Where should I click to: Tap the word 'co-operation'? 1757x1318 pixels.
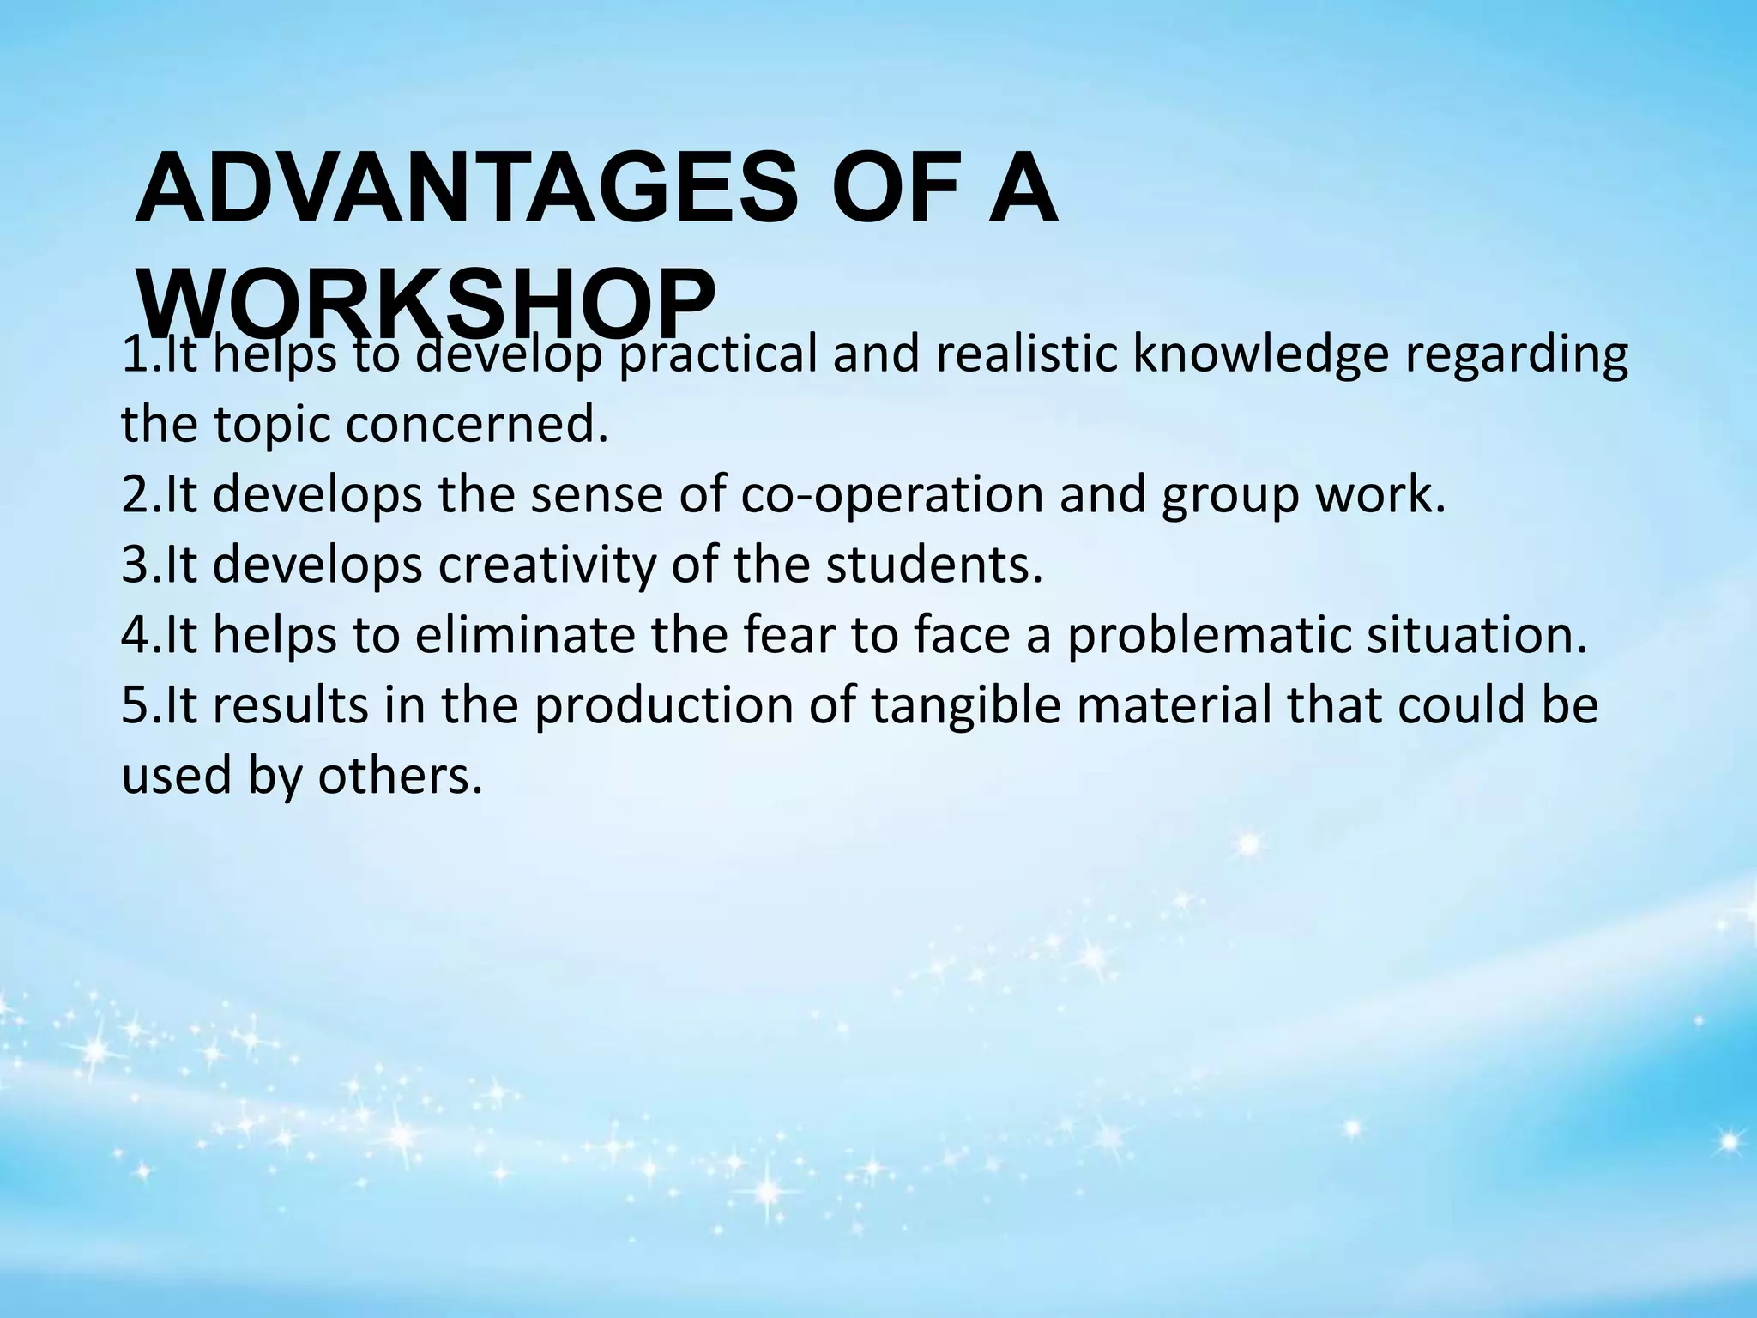pyautogui.click(x=891, y=496)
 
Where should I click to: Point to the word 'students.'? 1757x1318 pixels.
pyautogui.click(x=934, y=565)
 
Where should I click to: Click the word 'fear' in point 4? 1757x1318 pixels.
pyautogui.click(x=788, y=636)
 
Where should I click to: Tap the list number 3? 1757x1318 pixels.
pyautogui.click(x=136, y=565)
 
